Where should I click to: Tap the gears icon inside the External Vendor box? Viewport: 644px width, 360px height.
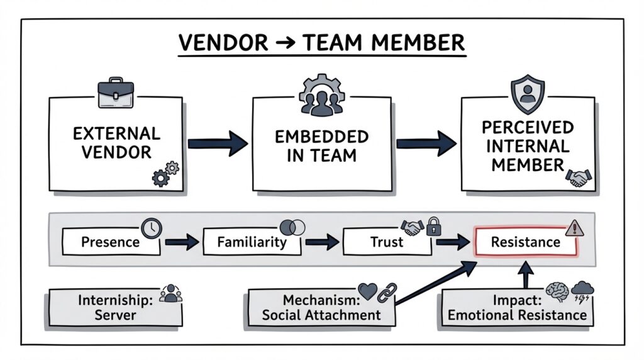(165, 174)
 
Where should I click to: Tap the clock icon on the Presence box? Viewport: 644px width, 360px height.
(152, 228)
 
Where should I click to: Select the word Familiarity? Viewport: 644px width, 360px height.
(252, 242)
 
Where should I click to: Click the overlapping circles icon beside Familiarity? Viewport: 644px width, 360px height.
(292, 228)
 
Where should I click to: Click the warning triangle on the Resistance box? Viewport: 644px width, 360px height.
(573, 228)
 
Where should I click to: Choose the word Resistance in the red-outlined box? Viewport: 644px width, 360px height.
(525, 242)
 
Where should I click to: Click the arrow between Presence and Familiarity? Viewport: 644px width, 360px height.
(182, 242)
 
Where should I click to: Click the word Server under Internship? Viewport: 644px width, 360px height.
(115, 314)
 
